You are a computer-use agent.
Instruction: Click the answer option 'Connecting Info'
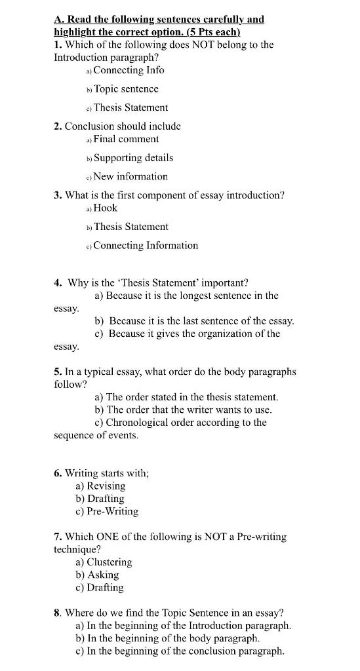(129, 70)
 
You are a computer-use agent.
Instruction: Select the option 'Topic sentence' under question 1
(126, 88)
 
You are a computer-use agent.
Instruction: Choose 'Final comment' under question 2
(126, 139)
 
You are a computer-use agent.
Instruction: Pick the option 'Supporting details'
(133, 158)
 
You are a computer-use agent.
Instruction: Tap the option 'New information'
(130, 176)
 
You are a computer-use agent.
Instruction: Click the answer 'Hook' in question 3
(106, 208)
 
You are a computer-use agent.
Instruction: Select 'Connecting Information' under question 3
(146, 245)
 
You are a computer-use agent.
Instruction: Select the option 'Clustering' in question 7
(109, 562)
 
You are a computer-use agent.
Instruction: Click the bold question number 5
(58, 372)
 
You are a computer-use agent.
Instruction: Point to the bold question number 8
(58, 613)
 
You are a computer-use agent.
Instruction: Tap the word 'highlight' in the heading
(76, 32)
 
